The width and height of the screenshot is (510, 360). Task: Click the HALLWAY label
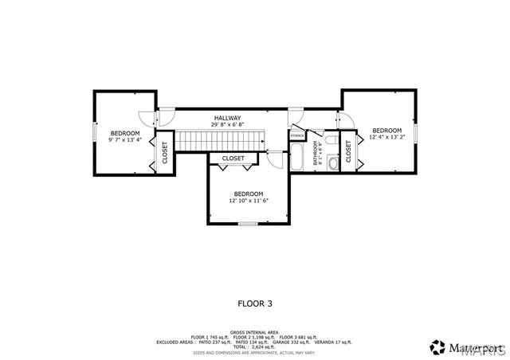(227, 118)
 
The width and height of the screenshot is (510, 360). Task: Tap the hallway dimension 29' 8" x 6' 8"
(227, 125)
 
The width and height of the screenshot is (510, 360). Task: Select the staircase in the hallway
(218, 141)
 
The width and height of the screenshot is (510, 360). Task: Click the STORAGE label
(297, 136)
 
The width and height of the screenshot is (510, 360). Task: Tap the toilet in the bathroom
(334, 162)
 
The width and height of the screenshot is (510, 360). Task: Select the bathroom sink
(334, 144)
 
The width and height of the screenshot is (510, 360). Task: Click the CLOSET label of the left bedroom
(165, 152)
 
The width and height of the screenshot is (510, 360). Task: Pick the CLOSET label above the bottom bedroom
(233, 158)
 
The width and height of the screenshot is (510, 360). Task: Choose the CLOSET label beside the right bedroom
(349, 151)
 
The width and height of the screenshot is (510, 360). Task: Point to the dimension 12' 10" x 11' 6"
(249, 201)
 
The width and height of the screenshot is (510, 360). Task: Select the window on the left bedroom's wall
(95, 132)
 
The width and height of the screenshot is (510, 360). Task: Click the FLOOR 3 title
(255, 303)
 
